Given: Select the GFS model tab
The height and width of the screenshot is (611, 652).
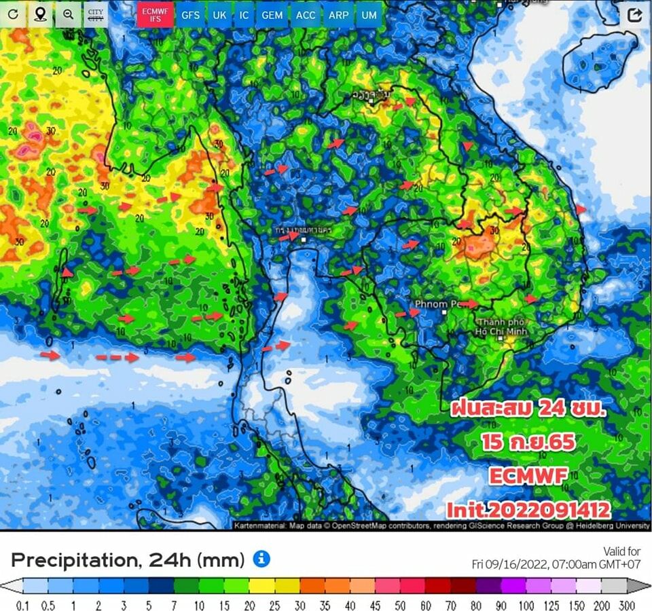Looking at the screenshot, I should tap(190, 14).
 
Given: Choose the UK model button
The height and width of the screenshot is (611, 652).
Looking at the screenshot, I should tap(219, 14).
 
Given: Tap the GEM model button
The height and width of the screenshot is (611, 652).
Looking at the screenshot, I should tap(272, 14).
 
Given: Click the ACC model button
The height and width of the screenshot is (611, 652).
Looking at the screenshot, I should tap(306, 14).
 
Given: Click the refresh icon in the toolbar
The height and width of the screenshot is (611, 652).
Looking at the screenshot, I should tap(13, 14).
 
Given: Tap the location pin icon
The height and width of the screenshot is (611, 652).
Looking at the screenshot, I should tap(41, 14).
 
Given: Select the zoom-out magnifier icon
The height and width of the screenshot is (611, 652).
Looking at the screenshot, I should tap(68, 14).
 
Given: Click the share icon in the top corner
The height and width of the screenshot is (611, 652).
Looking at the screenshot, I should tap(634, 15).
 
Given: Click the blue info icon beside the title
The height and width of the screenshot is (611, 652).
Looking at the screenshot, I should tap(261, 559).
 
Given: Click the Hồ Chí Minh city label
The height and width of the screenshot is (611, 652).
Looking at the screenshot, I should tap(503, 326).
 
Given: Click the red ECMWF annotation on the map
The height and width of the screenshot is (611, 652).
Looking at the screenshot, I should tap(527, 475).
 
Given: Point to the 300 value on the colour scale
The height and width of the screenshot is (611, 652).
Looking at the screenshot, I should tap(626, 605).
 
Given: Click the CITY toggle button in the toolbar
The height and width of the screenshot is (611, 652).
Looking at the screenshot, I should tap(96, 14).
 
